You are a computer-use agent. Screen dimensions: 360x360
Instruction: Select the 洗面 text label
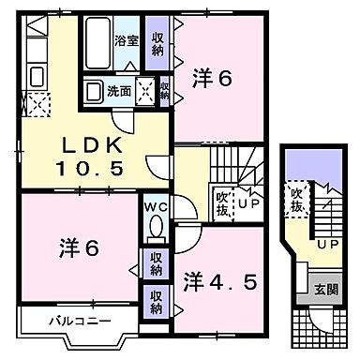coord(118,91)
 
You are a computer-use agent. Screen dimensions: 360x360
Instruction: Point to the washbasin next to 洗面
coord(94,92)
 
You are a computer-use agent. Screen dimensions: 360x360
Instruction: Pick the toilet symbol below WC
coord(156,228)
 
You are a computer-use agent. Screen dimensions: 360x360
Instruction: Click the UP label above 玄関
coord(327,244)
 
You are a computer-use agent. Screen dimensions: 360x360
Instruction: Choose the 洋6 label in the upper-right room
coord(215,79)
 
